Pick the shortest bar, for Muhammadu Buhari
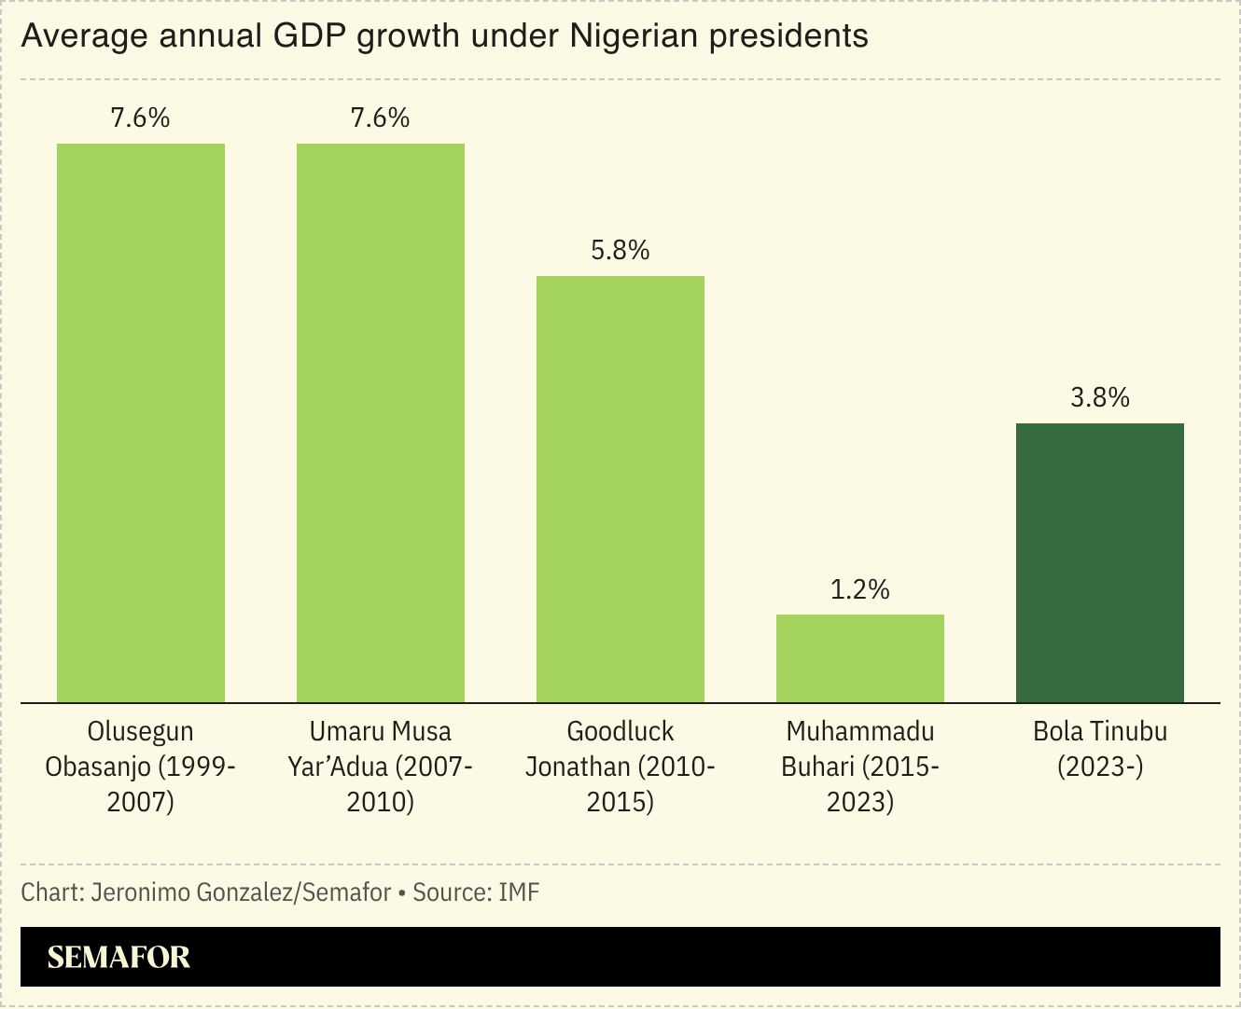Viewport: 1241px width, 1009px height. point(860,658)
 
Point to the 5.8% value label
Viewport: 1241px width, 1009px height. point(620,250)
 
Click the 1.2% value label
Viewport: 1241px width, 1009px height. point(860,589)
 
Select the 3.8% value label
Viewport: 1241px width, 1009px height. point(1100,397)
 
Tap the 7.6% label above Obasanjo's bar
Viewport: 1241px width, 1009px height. point(141,117)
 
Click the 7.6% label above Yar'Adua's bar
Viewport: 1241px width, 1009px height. point(381,117)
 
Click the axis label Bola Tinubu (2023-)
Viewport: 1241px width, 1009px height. point(1100,749)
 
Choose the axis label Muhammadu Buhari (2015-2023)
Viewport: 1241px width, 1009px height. point(860,767)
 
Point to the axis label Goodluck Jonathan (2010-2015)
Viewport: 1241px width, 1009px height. point(620,767)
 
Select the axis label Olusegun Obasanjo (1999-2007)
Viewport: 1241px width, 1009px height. point(141,767)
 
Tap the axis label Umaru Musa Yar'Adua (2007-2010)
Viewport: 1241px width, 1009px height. point(381,767)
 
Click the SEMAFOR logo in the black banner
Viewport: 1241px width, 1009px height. point(119,957)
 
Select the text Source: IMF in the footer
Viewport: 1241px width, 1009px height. point(476,892)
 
